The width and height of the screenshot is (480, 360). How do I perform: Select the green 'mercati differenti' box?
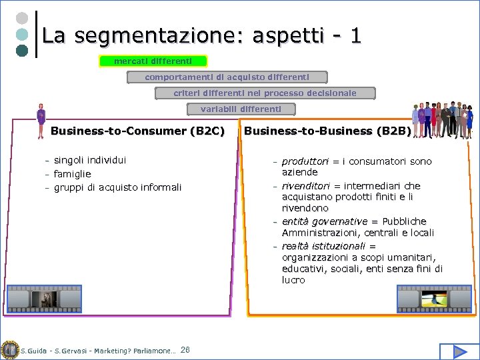[153, 61]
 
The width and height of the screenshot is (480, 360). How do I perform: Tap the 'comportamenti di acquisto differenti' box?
[227, 77]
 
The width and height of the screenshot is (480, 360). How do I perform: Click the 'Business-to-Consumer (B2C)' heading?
[137, 131]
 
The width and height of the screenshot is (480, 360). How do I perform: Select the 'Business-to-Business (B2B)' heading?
[327, 131]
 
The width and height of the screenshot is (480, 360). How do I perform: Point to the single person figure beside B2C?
[41, 121]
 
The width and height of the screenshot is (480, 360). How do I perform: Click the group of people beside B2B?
[443, 120]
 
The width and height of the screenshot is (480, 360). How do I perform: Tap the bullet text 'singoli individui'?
[90, 160]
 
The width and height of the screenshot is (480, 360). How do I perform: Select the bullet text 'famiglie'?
[73, 174]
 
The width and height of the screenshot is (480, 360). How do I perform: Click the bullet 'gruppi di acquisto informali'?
[117, 187]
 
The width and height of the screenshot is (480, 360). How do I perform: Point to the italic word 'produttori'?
[305, 161]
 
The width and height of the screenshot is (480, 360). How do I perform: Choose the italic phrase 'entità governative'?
[325, 221]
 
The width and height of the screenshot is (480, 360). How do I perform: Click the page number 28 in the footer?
[185, 350]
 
